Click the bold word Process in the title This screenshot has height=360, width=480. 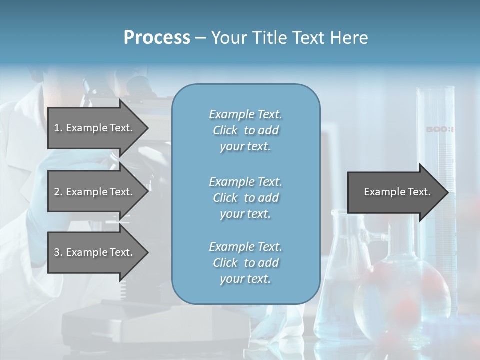point(157,37)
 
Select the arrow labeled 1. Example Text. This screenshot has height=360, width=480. point(95,128)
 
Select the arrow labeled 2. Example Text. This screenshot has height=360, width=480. point(95,192)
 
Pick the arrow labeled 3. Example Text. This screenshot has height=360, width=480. point(95,252)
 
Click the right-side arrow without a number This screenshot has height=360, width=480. point(395,192)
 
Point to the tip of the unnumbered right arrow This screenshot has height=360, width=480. point(447,192)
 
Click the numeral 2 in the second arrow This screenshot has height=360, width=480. point(57,192)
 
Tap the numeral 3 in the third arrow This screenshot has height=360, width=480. point(57,252)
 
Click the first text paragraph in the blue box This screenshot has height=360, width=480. point(245,130)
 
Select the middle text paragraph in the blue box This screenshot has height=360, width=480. point(245,198)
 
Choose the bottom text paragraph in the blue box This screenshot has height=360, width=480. point(245,263)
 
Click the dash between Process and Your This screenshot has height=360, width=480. point(200,38)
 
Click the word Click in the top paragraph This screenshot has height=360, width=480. point(225,130)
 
